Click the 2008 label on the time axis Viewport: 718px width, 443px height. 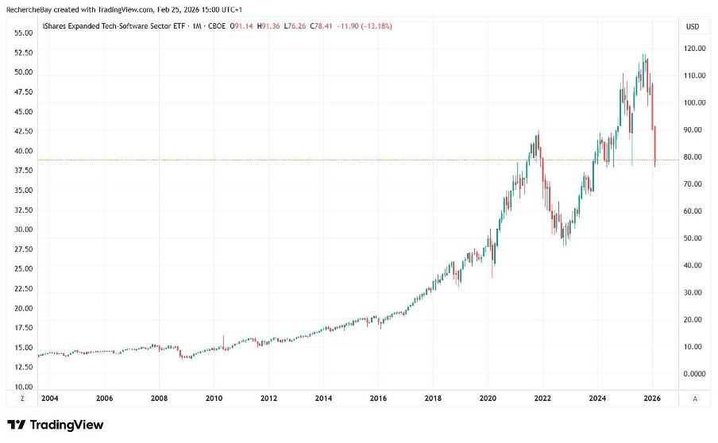(159, 397)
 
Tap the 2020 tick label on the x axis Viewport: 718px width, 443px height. (488, 397)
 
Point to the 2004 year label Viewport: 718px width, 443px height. (49, 397)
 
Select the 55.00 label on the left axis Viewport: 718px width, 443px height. (23, 33)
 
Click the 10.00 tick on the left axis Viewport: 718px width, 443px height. (23, 387)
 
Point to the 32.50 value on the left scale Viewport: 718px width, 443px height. (23, 210)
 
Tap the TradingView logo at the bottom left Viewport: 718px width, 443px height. (55, 425)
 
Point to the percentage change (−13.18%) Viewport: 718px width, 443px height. (377, 26)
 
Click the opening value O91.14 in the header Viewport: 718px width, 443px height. (242, 26)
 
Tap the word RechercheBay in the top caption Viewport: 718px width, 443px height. (26, 8)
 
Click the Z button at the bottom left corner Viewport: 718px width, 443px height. (22, 397)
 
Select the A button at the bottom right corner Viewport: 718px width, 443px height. (696, 397)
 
